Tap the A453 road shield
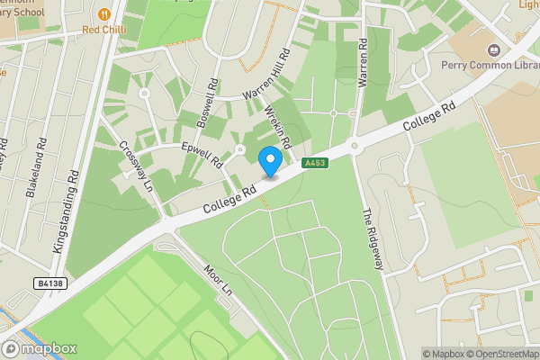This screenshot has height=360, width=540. (314, 163)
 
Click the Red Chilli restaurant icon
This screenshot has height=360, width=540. (106, 13)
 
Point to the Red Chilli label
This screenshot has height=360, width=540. (105, 29)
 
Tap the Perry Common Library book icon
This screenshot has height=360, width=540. (494, 50)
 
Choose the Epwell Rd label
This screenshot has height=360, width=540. (202, 153)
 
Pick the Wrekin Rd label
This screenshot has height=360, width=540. (278, 128)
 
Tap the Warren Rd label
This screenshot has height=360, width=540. (364, 62)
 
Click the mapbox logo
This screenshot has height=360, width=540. (40, 348)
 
